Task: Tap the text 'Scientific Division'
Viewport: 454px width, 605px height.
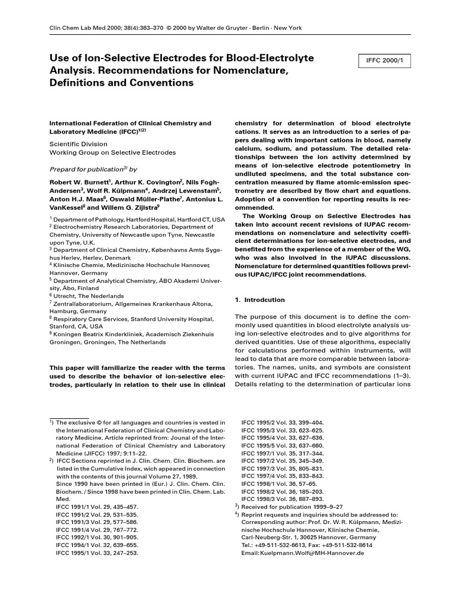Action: [x=78, y=144]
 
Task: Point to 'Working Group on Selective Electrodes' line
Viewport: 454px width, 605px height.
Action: [x=112, y=152]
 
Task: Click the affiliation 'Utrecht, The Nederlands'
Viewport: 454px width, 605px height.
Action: [x=88, y=295]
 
